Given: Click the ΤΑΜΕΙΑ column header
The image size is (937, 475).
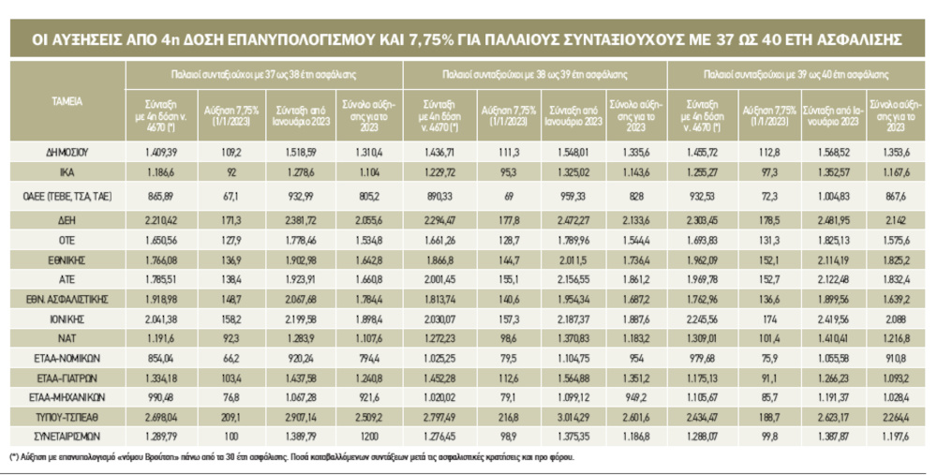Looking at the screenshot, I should coord(67,100).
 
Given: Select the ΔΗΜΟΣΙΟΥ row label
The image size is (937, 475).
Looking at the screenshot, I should coord(67,150).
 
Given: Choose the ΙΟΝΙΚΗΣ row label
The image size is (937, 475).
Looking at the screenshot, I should coord(67,319).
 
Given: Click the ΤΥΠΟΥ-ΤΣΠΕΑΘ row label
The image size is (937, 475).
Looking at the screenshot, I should coord(67,419).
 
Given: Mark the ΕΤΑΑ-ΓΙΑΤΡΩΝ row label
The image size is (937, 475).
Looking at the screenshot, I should coord(67,379).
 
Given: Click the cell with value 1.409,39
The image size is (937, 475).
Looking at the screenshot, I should coord(156,150).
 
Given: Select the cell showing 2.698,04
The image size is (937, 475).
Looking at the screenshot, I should coord(156,419).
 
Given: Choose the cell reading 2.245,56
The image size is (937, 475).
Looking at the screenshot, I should coord(700,319).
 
